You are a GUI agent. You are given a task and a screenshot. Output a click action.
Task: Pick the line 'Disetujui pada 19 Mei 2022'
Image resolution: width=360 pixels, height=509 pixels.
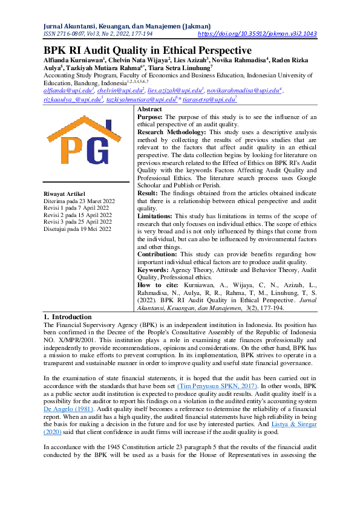coord(77,229)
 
